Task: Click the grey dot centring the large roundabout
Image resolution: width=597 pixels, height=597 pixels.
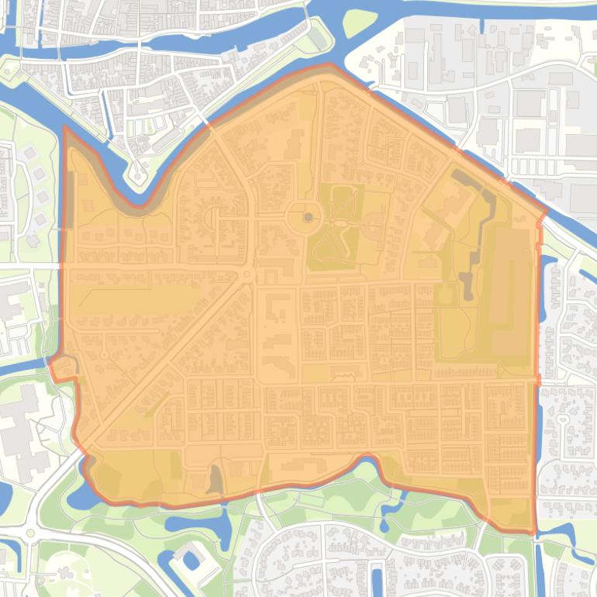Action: coord(308,217)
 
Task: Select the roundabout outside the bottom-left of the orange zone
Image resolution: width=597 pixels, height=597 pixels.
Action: coord(31,533)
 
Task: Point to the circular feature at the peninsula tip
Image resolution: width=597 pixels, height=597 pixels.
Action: coord(138,177)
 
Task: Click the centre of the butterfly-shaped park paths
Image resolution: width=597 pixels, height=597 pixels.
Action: coord(340,225)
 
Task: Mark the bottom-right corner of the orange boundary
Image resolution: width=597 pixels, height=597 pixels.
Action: coord(535,533)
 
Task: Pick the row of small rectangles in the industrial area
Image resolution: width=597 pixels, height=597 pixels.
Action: coord(535,167)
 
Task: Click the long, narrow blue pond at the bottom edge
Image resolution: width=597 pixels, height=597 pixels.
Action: coord(377,578)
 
